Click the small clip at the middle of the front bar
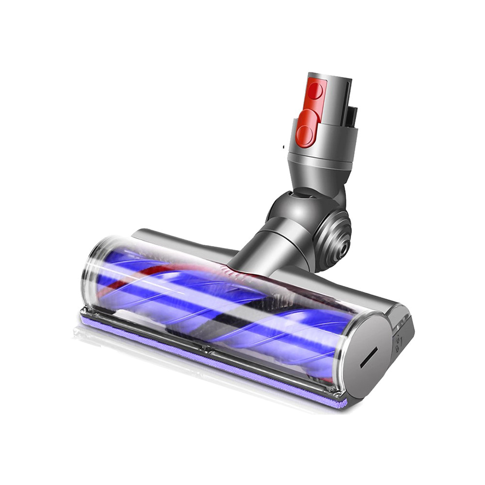tap(209, 348)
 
